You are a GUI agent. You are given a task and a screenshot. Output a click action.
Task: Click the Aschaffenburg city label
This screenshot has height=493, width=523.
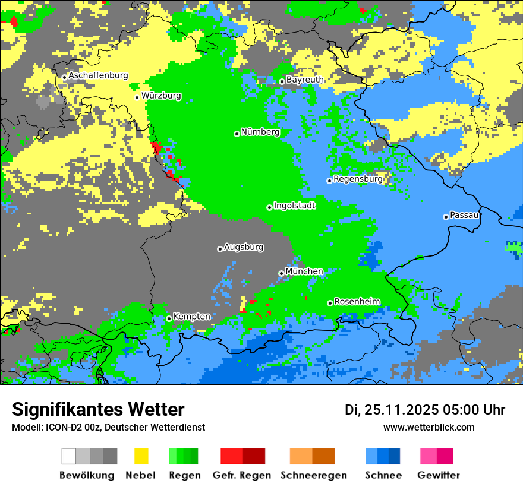point(98,75)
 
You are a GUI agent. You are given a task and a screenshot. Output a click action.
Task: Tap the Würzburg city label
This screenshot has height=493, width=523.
point(161,96)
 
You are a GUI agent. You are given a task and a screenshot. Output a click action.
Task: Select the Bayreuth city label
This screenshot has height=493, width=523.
point(305,80)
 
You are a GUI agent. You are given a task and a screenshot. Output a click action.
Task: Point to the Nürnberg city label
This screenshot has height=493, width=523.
point(260,132)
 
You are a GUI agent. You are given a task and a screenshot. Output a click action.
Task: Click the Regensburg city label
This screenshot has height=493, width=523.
point(358,179)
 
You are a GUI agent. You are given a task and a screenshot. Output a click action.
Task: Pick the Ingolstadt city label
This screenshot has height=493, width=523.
point(294,206)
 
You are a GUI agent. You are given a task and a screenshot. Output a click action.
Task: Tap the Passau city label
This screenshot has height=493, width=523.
point(464,215)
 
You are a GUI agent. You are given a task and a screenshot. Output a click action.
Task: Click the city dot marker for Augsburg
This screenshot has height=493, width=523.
point(220,249)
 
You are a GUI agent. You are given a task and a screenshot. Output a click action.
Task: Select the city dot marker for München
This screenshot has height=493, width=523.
point(281,273)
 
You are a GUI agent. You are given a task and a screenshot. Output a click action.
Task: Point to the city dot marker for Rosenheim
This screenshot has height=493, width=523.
point(330,303)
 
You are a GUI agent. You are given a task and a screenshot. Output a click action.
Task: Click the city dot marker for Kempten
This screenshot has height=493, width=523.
point(169,318)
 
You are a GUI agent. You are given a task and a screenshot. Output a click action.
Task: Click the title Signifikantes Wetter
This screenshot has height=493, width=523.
point(98,410)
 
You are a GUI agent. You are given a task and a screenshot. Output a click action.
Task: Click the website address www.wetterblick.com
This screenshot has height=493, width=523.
point(429,428)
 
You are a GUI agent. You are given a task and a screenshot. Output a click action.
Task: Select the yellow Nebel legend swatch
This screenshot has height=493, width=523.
point(141,456)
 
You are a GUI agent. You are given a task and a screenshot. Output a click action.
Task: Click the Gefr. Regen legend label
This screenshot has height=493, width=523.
point(242,475)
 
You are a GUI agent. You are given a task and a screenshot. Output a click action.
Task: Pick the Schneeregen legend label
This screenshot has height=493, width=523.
point(313,475)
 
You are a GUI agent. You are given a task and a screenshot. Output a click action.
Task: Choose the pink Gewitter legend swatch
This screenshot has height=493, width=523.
point(429,456)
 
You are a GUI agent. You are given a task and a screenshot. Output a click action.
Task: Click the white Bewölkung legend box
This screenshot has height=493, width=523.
point(69,456)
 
